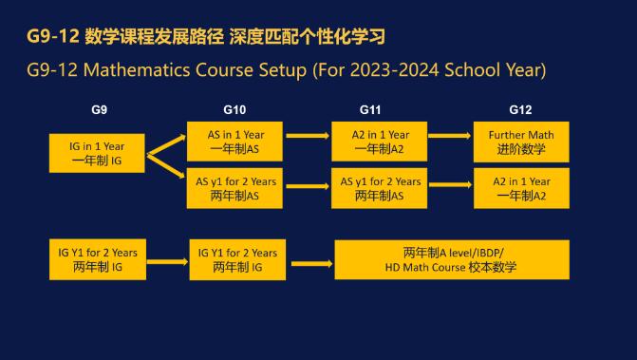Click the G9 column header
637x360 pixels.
click(x=99, y=109)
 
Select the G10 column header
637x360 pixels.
click(x=234, y=109)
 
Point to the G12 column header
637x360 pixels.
click(x=521, y=109)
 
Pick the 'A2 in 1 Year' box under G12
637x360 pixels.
click(x=521, y=188)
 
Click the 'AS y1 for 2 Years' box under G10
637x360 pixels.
click(x=234, y=188)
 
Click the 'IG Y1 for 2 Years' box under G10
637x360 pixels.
click(x=236, y=259)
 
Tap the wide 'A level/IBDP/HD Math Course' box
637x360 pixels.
click(x=452, y=259)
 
